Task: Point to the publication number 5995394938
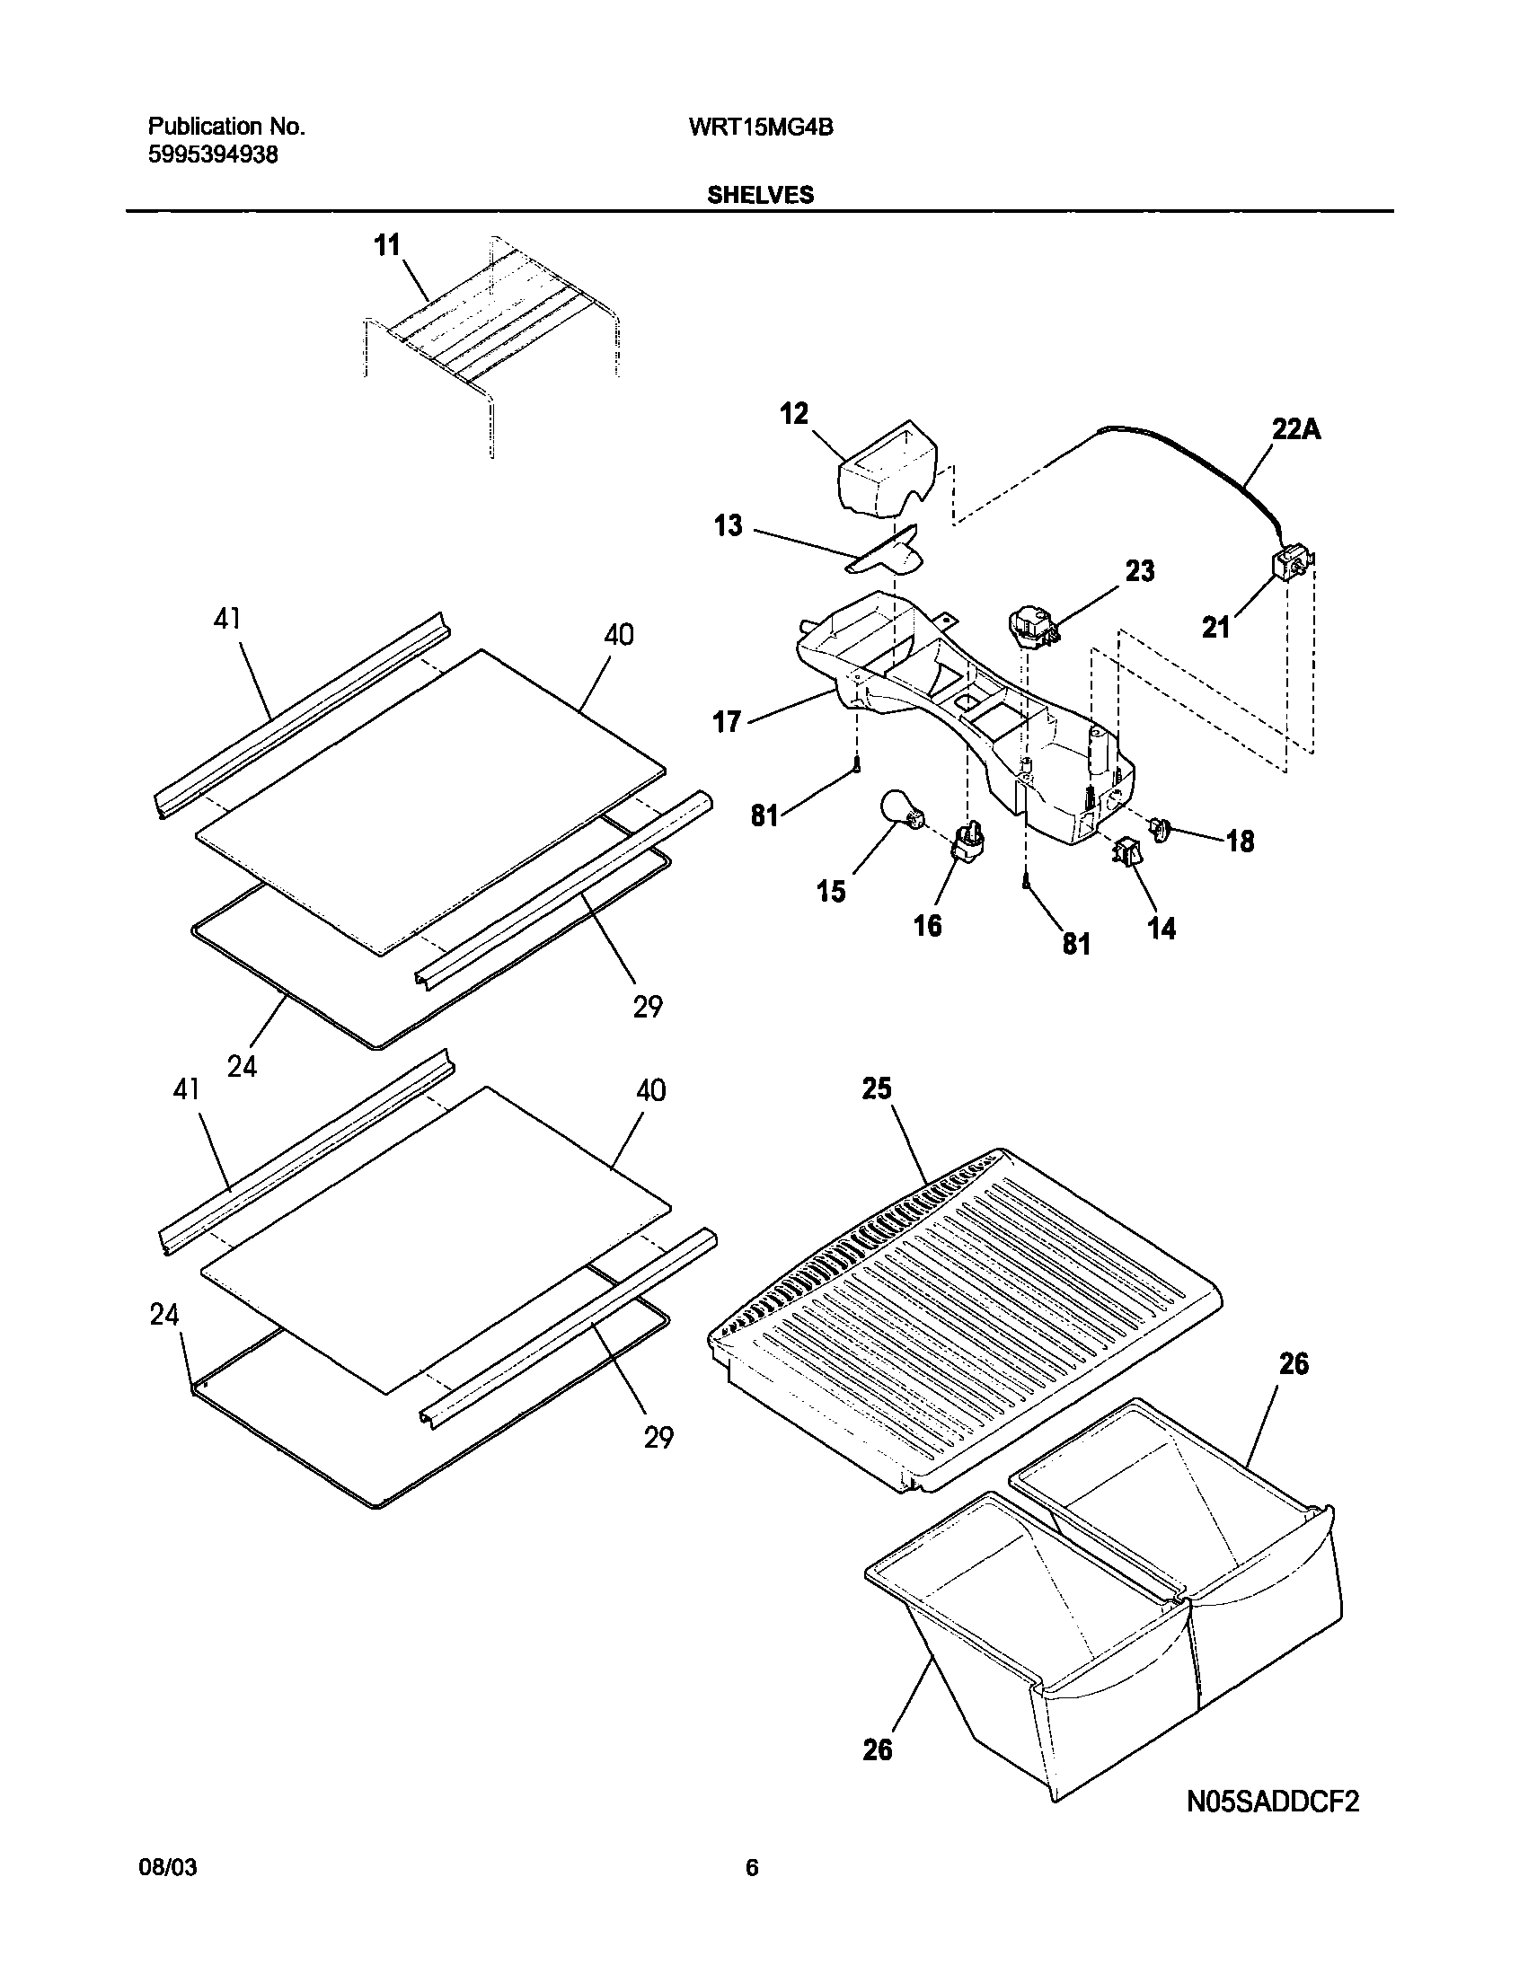coord(213,154)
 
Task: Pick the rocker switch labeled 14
coord(1126,850)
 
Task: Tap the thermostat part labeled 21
coord(1290,568)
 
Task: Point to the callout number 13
coord(728,525)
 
